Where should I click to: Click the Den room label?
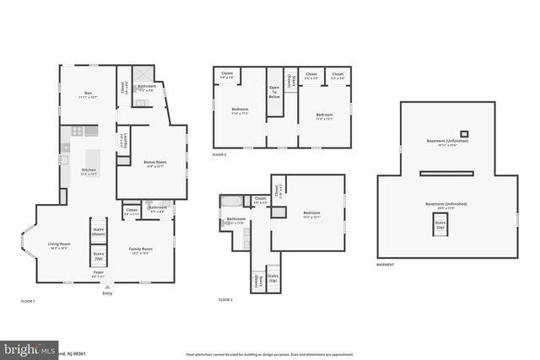point(88,94)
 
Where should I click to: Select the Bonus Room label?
point(155,163)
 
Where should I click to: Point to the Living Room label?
point(58,245)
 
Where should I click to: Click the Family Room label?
point(140,250)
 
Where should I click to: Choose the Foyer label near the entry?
point(99,273)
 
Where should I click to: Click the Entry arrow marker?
point(107,287)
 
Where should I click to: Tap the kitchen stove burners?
point(77,131)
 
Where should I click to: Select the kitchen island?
point(94,158)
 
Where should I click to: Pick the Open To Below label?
point(274,92)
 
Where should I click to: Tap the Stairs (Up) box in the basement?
point(440,224)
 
